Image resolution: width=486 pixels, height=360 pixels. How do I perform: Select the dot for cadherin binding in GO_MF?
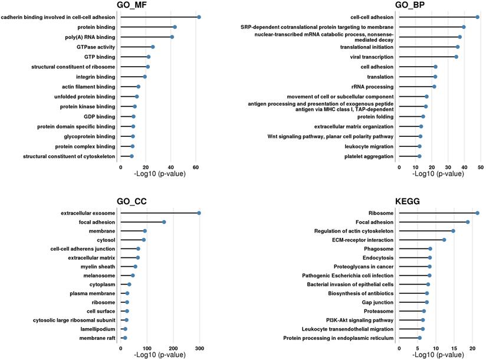(199, 17)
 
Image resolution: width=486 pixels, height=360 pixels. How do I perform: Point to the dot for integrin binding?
(145, 77)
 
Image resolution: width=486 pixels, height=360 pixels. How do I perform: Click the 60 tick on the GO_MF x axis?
(195, 168)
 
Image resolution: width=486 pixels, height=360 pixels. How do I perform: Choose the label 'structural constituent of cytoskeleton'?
(69, 156)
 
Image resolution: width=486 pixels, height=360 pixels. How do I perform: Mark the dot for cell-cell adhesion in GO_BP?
(477, 17)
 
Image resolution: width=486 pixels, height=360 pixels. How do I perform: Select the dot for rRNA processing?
(434, 87)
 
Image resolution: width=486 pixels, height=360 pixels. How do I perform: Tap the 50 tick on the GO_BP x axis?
(481, 168)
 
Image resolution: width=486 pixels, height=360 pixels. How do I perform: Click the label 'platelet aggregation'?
(369, 156)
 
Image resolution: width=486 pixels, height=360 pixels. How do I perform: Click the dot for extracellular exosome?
(199, 213)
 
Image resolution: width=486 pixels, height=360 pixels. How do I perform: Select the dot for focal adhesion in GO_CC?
(164, 222)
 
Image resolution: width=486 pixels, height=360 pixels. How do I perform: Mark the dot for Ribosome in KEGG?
(477, 213)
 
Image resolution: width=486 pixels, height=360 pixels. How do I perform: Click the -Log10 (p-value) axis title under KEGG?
(436, 355)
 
